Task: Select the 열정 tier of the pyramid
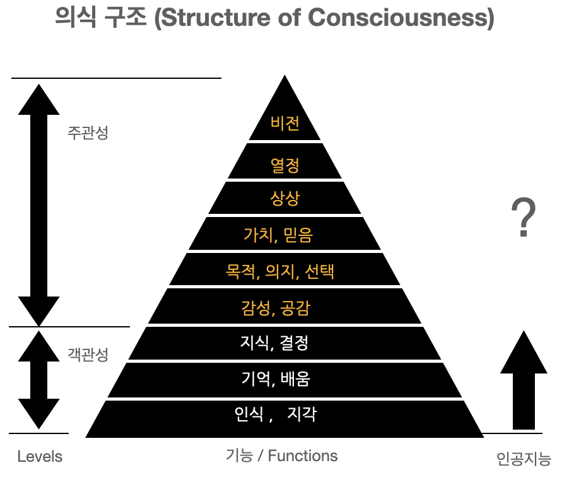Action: (285, 165)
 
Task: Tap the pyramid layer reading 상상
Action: (285, 199)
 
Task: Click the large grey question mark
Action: (523, 218)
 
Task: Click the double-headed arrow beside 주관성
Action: (39, 202)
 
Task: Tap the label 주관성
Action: (88, 133)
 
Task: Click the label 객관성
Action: (88, 354)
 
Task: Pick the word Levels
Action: (40, 456)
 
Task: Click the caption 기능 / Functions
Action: (281, 456)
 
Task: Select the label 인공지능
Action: (524, 459)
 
